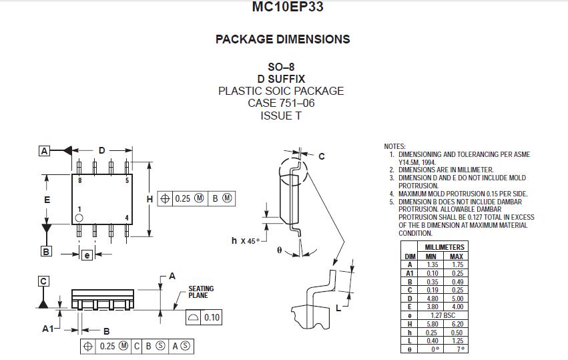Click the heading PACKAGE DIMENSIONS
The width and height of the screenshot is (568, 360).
click(x=282, y=39)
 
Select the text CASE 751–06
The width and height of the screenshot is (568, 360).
click(x=281, y=103)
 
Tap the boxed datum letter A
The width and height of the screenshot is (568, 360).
click(x=45, y=151)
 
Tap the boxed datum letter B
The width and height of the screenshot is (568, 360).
click(x=46, y=251)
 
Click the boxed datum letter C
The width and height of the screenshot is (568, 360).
click(x=43, y=281)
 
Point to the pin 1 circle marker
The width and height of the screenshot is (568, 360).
click(x=79, y=218)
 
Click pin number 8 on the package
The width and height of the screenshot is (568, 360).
click(x=79, y=180)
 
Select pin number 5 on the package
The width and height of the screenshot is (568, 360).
click(x=127, y=180)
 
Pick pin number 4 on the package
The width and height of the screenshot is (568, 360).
click(x=127, y=218)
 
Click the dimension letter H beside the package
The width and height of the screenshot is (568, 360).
click(x=150, y=199)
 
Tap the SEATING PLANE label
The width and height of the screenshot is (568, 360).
click(x=201, y=292)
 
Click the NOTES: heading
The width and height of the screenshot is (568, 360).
click(x=395, y=146)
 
